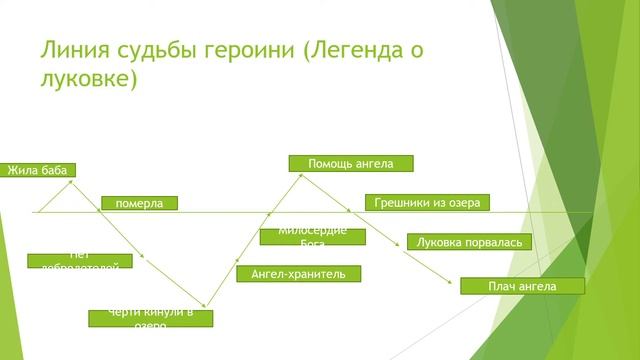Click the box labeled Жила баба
click(x=38, y=170)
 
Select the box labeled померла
click(x=139, y=203)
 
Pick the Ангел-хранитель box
click(x=298, y=273)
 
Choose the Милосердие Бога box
click(x=312, y=236)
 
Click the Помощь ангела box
click(x=350, y=163)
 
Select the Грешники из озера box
click(x=427, y=202)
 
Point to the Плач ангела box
click(x=521, y=286)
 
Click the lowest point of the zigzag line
click(x=207, y=307)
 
